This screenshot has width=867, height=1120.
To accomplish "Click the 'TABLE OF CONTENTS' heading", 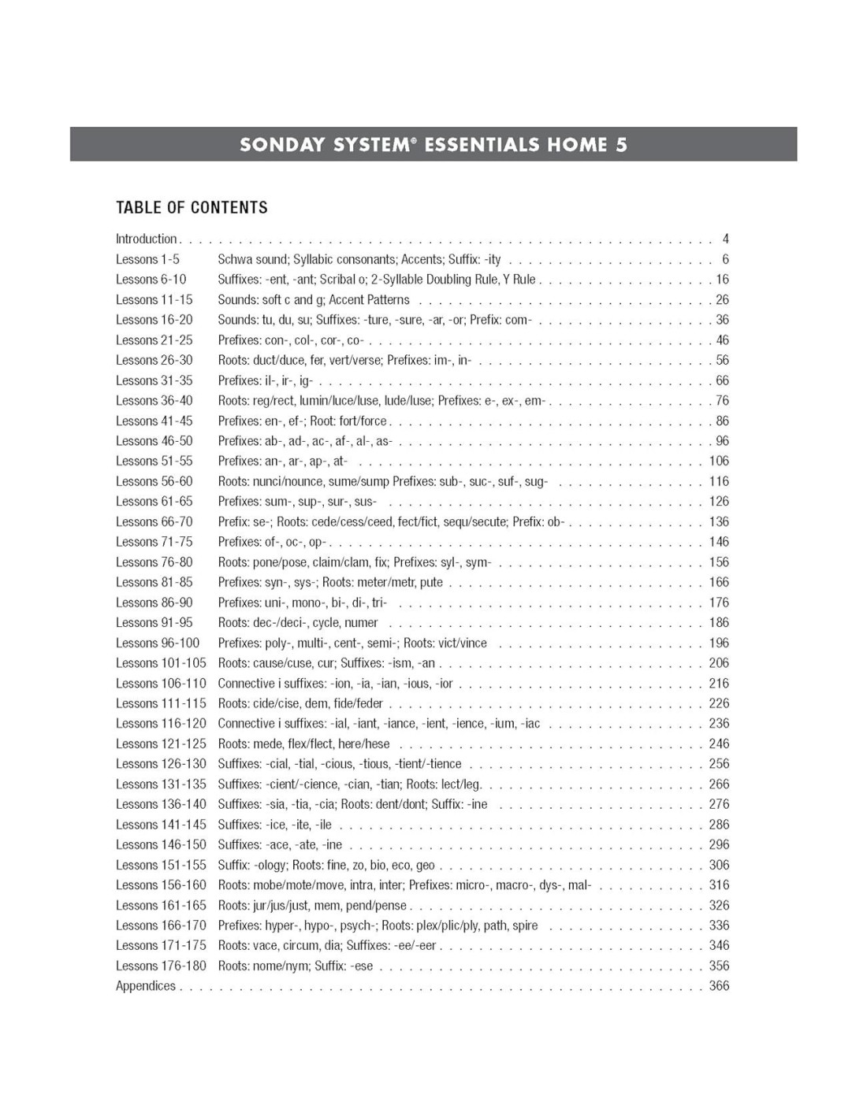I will coord(192,208).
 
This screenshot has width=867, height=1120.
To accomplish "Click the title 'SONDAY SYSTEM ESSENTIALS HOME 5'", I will coord(433,145).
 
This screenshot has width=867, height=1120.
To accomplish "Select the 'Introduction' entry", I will coord(147,239).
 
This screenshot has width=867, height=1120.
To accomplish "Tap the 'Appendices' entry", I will coord(146,986).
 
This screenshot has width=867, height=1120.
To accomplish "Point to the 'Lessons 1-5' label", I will coord(147,259).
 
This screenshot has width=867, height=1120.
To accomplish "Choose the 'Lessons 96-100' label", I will coord(158,643).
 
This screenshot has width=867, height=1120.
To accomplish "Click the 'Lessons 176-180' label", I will coord(161,966).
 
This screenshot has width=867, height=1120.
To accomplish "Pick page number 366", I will coord(719,986).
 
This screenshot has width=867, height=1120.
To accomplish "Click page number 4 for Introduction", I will coord(725,239).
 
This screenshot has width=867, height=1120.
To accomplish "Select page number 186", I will coord(719,622).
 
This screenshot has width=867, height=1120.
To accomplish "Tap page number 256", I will coord(719,764).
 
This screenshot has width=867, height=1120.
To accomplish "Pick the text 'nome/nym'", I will coord(281,966).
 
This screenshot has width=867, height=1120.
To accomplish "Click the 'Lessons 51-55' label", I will coord(154,461).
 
